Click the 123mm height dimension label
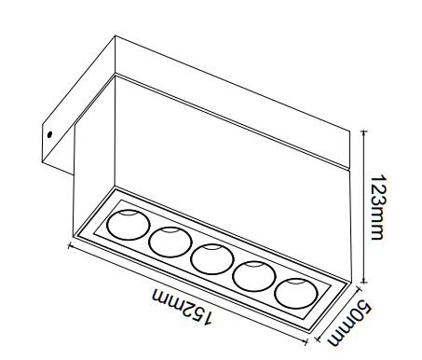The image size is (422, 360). [x=378, y=207]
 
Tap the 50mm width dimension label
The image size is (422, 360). [x=350, y=323]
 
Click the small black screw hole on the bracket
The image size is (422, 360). [x=49, y=134]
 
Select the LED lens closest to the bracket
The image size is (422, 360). [x=129, y=225]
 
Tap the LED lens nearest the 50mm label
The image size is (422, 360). [x=296, y=293]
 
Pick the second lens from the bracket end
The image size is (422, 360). [x=170, y=242]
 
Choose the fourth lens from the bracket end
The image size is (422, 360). [x=254, y=276]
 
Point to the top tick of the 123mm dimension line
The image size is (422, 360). [x=364, y=132]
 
